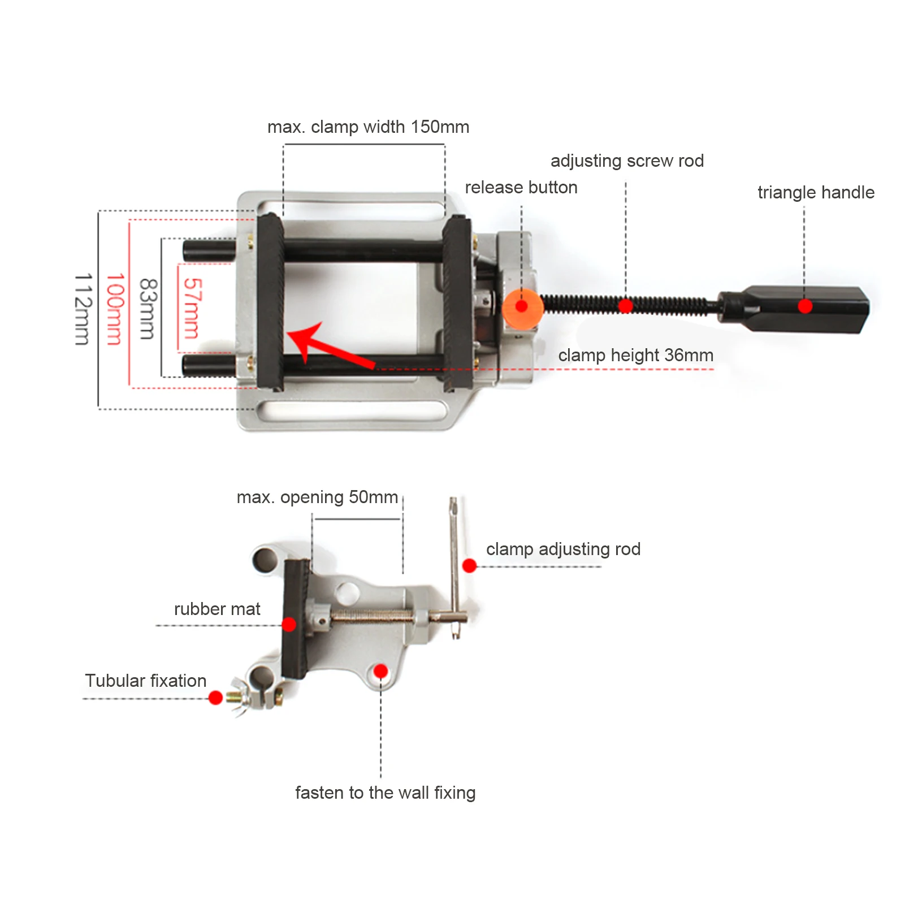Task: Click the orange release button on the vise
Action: [522, 307]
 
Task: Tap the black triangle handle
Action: [797, 308]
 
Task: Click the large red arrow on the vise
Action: [328, 346]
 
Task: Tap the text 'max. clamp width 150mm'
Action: [368, 127]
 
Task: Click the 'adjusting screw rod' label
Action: [627, 161]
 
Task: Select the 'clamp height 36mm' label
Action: [635, 355]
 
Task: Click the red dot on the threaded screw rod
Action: [626, 306]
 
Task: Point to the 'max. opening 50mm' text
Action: [317, 497]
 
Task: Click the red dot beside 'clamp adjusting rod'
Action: [469, 565]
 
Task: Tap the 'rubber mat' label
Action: [217, 609]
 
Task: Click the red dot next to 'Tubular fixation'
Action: [215, 698]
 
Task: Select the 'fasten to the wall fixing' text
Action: [385, 793]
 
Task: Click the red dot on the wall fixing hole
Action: [381, 671]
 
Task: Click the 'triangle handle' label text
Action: [816, 192]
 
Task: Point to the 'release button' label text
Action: [521, 187]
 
